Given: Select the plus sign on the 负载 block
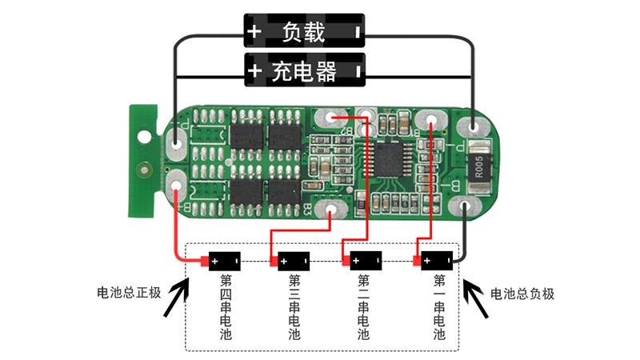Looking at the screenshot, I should point(254,33).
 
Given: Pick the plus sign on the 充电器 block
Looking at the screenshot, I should point(254,72).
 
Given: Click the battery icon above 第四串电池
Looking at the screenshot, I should point(223,261).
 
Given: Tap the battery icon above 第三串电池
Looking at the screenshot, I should point(292,261).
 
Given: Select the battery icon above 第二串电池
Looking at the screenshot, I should point(364,261).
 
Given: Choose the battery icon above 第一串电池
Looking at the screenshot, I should point(437,261).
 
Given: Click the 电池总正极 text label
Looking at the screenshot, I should point(130,294).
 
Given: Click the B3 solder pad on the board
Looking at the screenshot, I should point(330,210).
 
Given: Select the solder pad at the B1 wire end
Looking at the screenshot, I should point(430,120).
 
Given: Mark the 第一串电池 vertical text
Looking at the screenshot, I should point(439,308).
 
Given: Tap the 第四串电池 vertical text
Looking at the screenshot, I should point(225,308).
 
